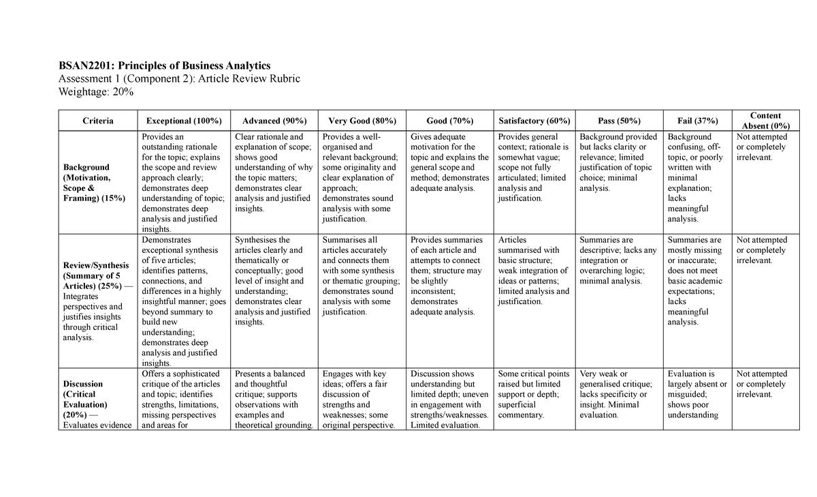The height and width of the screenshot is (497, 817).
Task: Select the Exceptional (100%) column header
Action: pyautogui.click(x=184, y=121)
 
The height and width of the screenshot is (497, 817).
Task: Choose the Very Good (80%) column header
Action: pyautogui.click(x=362, y=121)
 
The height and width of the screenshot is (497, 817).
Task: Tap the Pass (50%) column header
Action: pyautogui.click(x=619, y=121)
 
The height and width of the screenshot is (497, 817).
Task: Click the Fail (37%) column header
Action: pyautogui.click(x=697, y=121)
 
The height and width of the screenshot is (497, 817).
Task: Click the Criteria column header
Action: pyautogui.click(x=98, y=121)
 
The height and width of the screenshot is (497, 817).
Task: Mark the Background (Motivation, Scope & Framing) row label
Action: pyautogui.click(x=93, y=183)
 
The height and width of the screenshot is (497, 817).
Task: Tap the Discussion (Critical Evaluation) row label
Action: pyautogui.click(x=92, y=399)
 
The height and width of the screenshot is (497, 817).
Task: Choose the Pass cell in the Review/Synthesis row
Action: pyautogui.click(x=618, y=260)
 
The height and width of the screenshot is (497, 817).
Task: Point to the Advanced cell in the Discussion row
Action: pyautogui.click(x=272, y=399)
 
